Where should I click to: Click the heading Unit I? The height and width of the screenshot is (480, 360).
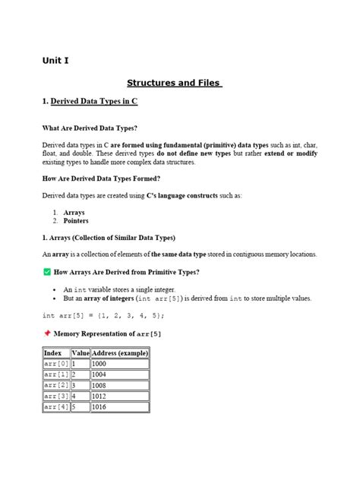(x=55, y=61)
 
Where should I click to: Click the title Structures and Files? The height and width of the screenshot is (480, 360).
(x=174, y=83)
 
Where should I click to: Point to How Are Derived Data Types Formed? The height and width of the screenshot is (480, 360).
(x=101, y=178)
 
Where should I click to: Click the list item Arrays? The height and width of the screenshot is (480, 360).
(x=74, y=213)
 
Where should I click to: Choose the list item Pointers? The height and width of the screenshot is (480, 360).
(x=76, y=221)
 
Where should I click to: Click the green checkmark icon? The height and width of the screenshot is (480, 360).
(x=46, y=272)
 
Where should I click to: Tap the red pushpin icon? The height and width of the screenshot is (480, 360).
(x=46, y=333)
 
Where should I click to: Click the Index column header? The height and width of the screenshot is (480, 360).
(x=53, y=353)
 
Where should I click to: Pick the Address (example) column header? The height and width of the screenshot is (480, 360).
(x=120, y=353)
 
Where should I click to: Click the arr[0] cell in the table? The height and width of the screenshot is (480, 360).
(x=56, y=364)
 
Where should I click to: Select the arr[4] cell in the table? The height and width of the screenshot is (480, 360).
(x=56, y=407)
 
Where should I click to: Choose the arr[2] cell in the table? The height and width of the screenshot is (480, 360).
(x=56, y=386)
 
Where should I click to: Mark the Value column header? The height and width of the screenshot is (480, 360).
(x=81, y=353)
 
